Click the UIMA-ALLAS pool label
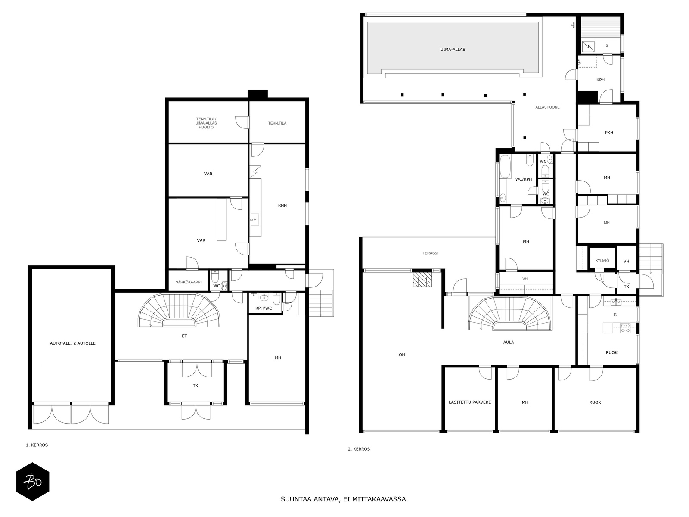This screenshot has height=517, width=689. click(452, 49)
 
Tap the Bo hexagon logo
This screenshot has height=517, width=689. click(32, 482)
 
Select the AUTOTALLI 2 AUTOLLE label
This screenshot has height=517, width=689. click(72, 343)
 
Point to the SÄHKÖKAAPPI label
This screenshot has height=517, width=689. click(188, 282)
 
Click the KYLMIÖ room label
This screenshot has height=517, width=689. click(602, 261)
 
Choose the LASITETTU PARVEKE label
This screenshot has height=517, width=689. click(469, 402)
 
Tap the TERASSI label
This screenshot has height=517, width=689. click(430, 253)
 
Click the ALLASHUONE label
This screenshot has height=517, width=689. click(547, 107)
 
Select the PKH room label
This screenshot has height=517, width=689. click(609, 132)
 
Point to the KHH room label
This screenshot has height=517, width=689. click(282, 206)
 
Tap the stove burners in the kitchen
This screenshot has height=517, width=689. click(625, 328)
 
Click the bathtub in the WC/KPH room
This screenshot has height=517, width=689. click(505, 166)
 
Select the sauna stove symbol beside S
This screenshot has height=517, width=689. click(588, 47)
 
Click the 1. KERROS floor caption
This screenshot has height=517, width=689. click(37, 445)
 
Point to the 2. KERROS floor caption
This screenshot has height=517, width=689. click(359, 449)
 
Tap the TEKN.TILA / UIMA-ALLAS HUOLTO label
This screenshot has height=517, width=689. click(206, 123)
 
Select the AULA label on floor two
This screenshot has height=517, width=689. click(508, 342)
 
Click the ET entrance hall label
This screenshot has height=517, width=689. click(184, 336)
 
